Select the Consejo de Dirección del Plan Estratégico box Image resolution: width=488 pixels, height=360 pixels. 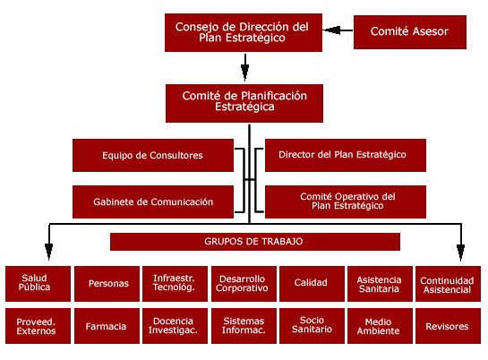(242, 32)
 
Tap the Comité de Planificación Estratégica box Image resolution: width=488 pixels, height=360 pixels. (244, 102)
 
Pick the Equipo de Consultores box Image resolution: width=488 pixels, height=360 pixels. (152, 155)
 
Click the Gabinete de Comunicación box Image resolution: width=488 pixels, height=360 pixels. (152, 202)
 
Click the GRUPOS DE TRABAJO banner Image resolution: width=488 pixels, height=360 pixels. (254, 242)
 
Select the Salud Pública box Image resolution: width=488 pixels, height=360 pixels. (36, 284)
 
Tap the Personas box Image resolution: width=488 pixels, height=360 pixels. (107, 284)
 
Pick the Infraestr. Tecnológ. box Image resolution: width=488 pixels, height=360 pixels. (174, 284)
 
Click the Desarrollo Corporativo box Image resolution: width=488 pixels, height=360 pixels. (243, 284)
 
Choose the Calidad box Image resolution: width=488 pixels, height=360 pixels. (311, 284)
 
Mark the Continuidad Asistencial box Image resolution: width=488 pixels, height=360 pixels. (447, 285)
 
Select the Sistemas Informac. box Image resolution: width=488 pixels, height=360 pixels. (243, 327)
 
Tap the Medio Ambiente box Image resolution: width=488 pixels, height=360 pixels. (380, 327)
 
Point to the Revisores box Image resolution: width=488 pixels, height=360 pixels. (447, 327)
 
